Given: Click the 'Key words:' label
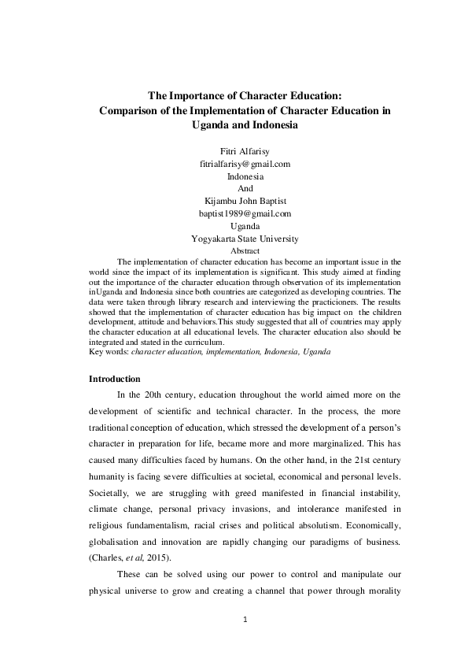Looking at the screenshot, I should pyautogui.click(x=109, y=352).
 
